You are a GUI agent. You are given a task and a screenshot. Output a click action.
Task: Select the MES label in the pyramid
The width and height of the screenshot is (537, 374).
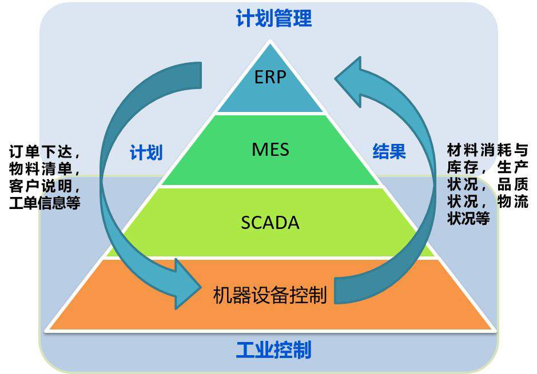tap(271, 150)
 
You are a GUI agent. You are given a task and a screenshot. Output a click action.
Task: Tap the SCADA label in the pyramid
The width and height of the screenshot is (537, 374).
tap(270, 222)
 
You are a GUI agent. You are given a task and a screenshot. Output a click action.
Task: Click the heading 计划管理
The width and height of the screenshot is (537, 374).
tap(274, 18)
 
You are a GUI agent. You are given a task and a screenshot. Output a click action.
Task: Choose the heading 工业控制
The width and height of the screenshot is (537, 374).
tap(274, 349)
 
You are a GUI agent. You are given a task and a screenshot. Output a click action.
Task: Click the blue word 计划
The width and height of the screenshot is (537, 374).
tap(146, 152)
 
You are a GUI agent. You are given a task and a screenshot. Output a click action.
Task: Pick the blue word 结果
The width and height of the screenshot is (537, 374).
tap(389, 151)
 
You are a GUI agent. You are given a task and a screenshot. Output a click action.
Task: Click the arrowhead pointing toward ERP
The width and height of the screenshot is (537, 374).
tap(351, 80)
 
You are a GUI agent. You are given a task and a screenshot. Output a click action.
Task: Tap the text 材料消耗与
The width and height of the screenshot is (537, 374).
tap(488, 151)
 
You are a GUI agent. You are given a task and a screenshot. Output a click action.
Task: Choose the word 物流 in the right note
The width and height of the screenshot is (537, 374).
tap(512, 202)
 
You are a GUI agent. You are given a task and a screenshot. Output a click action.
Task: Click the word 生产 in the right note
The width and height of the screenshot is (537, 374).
tap(512, 168)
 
